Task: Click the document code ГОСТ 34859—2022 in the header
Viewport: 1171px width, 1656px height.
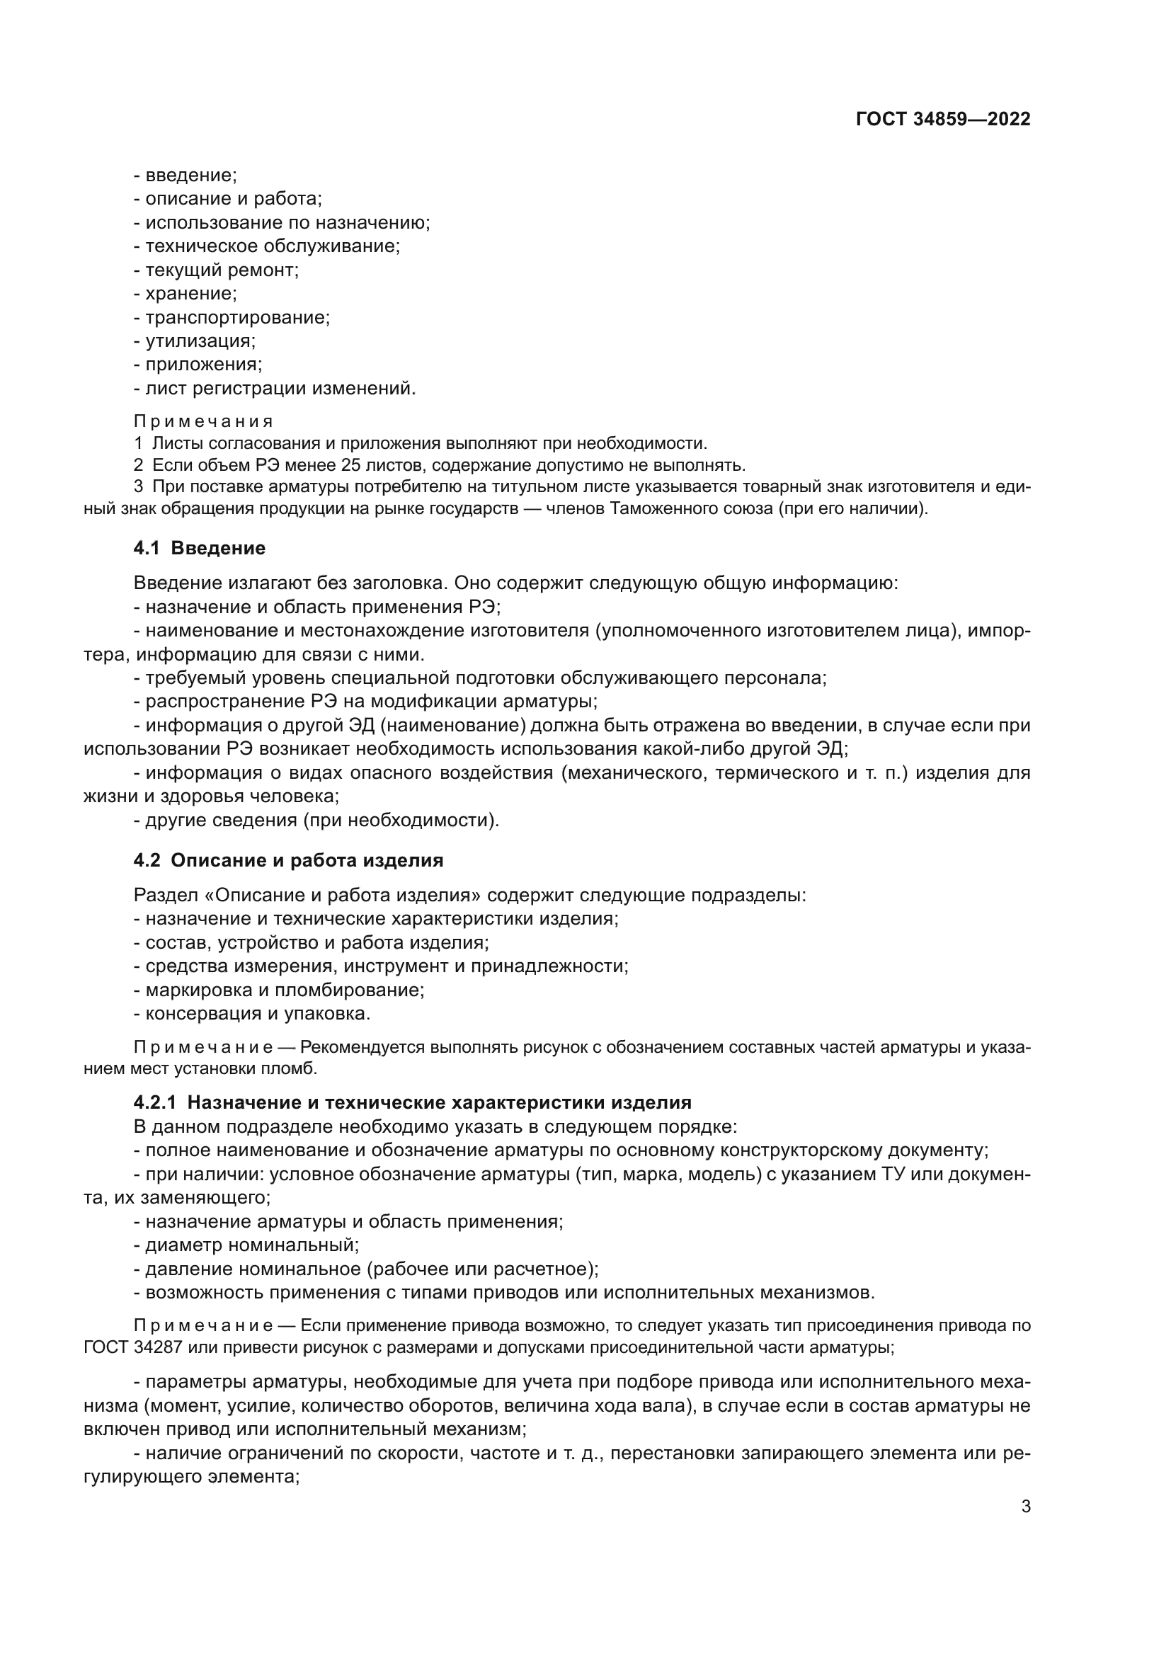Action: pos(942,120)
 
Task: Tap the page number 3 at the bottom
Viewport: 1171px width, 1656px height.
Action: pos(1025,1506)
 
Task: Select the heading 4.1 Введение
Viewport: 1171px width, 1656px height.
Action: pos(200,548)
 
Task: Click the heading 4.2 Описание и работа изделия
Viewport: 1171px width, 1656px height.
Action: pos(287,860)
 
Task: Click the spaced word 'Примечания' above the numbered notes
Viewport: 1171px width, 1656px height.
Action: pos(203,421)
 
